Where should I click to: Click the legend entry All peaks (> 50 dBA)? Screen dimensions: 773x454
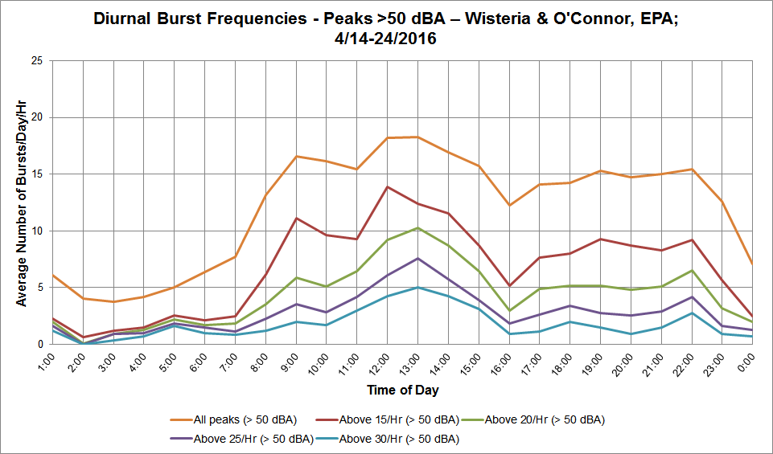pos(234,420)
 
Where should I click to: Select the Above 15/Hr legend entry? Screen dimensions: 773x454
pos(388,420)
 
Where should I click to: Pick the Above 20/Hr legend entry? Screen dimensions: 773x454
pos(533,420)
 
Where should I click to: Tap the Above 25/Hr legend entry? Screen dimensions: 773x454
pos(241,439)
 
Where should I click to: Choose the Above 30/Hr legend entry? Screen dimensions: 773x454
pos(388,439)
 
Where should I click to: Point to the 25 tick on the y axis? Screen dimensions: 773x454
pos(38,61)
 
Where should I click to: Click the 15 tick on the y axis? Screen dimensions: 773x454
pos(38,174)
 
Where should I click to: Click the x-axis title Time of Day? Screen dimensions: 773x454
pos(403,391)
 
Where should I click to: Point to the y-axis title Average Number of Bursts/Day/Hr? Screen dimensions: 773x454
pos(21,202)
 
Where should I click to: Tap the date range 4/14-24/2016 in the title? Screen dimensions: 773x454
pos(385,39)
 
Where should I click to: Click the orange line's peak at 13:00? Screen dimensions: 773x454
pos(417,137)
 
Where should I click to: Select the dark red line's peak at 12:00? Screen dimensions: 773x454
pos(388,186)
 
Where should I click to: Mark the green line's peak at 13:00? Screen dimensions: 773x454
pos(417,227)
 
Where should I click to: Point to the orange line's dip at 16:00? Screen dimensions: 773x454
pos(509,206)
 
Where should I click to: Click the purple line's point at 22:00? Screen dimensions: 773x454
pos(692,297)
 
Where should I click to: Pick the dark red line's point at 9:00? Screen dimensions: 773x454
pos(296,218)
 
